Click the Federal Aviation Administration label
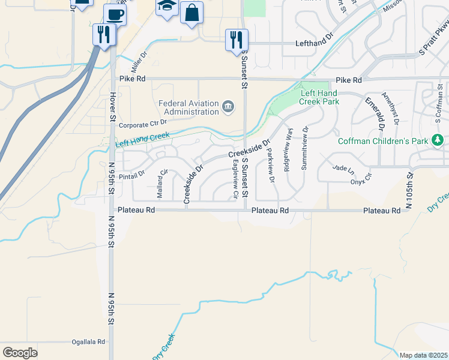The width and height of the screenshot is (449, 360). [x=188, y=107]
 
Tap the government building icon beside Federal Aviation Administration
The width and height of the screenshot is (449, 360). [x=228, y=107]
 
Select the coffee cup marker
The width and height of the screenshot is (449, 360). [x=115, y=14]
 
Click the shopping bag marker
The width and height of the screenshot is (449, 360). [x=191, y=13]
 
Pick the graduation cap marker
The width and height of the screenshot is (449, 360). [x=166, y=7]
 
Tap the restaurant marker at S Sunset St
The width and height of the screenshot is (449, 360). [x=237, y=40]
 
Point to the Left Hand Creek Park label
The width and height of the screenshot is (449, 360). [x=319, y=97]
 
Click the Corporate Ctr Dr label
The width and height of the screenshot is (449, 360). [x=142, y=125]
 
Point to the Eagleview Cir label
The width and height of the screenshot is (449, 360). [x=235, y=179]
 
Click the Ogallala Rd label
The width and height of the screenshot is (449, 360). [x=88, y=341]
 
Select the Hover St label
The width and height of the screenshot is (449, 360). [x=112, y=106]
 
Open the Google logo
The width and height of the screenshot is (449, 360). [x=20, y=353]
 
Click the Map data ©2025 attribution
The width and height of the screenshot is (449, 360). [x=423, y=355]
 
